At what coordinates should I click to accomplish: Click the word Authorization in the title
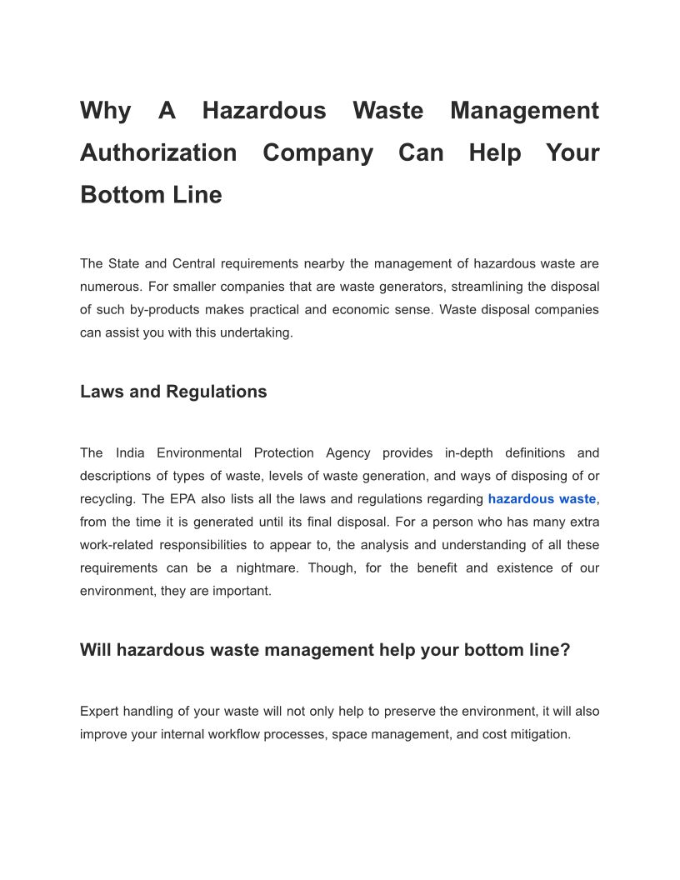click(158, 153)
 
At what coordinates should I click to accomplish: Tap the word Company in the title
click(317, 153)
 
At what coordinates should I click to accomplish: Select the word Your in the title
click(572, 153)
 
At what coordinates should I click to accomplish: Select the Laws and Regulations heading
click(173, 392)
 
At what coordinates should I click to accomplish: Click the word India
click(130, 453)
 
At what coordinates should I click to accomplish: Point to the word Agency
click(347, 453)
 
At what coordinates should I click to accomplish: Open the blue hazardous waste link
click(542, 499)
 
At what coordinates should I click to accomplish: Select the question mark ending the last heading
click(565, 650)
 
